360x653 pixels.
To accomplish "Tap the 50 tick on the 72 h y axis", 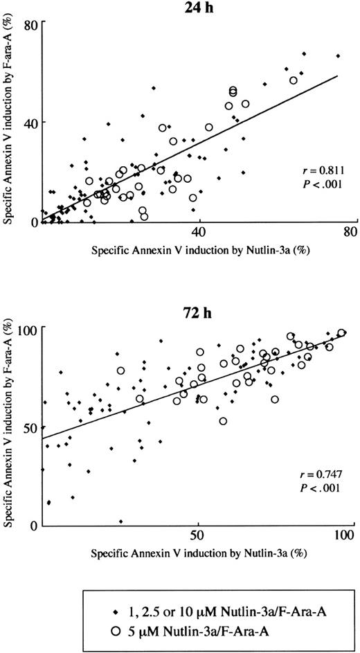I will click(x=30, y=427).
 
